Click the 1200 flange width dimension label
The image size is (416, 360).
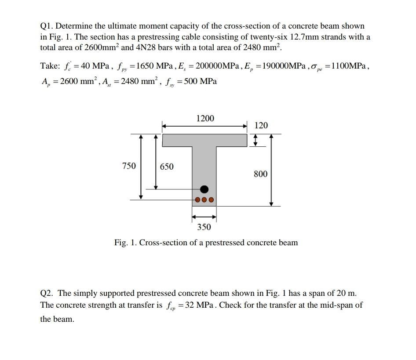pyautogui.click(x=205, y=118)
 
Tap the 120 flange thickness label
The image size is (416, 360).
pyautogui.click(x=261, y=125)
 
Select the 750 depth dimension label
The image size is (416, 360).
pyautogui.click(x=129, y=166)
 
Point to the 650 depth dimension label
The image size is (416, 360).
pyautogui.click(x=166, y=167)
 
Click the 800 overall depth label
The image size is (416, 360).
pyautogui.click(x=260, y=174)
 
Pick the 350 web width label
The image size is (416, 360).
pyautogui.click(x=204, y=227)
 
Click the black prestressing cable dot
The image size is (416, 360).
pyautogui.click(x=204, y=189)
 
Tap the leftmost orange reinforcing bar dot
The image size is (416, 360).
pyautogui.click(x=197, y=200)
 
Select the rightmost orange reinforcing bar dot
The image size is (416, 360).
pyautogui.click(x=212, y=200)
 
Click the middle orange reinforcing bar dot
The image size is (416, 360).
pyautogui.click(x=204, y=200)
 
